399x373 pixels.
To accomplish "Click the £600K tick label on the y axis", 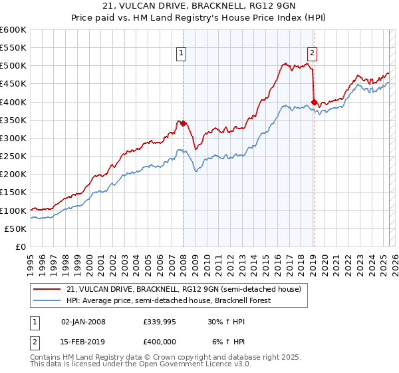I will coord(13,30).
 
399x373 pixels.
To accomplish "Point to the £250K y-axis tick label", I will coord(13,156).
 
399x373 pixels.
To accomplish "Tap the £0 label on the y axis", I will coord(21,246).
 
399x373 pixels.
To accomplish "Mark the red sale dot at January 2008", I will coord(183,123).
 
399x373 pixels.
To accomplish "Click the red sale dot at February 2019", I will coord(314,102).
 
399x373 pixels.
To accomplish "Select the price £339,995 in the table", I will coord(160,321).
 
